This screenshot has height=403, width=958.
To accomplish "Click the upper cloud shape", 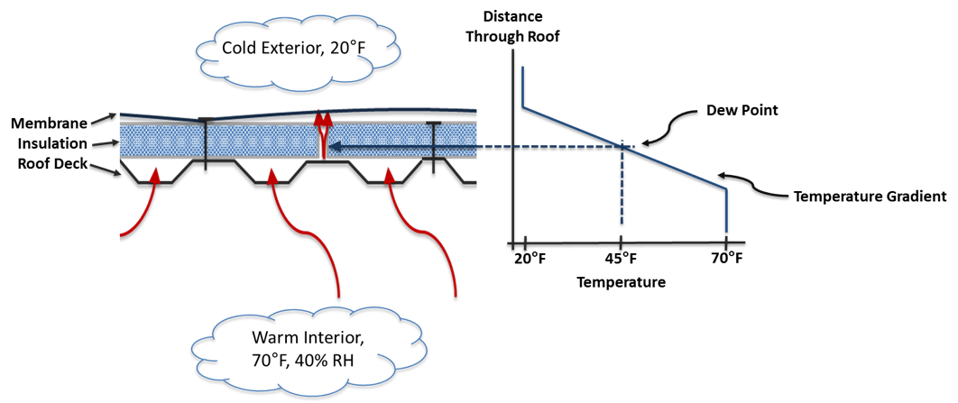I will click(x=298, y=52).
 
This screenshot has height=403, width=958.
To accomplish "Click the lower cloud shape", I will click(x=309, y=351).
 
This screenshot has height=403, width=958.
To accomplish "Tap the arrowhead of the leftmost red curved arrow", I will click(x=155, y=175).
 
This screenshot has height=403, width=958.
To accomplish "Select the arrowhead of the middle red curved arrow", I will click(x=272, y=175).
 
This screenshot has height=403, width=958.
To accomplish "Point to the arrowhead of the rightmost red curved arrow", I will click(x=390, y=175).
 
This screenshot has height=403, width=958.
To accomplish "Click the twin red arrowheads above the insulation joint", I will click(x=323, y=118).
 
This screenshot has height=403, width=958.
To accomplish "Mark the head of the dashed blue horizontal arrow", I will click(x=335, y=146).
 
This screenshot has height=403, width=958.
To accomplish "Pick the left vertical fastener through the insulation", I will click(x=206, y=141).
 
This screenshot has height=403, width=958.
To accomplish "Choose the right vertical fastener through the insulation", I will click(x=434, y=141).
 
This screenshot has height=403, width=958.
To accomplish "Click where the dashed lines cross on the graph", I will click(x=622, y=146).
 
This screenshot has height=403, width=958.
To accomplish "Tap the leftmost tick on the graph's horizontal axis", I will click(x=525, y=243).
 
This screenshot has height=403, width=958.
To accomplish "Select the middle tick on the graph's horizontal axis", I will click(x=621, y=243).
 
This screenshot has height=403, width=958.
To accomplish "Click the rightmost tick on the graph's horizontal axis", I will click(x=725, y=243).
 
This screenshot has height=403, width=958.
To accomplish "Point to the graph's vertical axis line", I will click(x=512, y=144).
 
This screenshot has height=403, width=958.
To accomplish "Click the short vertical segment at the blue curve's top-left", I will click(x=522, y=87).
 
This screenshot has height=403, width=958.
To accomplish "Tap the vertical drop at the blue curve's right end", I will click(x=726, y=210).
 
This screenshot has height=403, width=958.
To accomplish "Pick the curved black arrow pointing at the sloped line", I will click(x=752, y=183).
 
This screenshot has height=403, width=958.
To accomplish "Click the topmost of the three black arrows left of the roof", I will click(x=104, y=118).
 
